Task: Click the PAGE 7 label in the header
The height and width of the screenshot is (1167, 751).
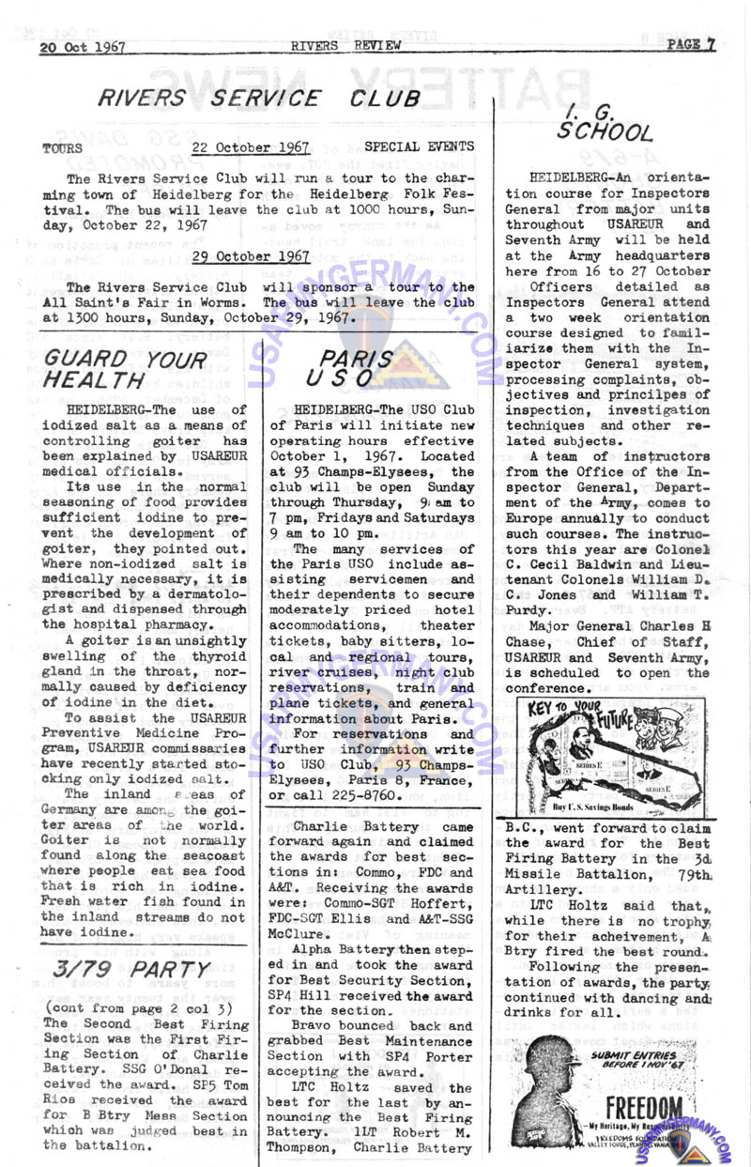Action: pyautogui.click(x=691, y=44)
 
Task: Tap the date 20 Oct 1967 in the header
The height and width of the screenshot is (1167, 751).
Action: pyautogui.click(x=83, y=47)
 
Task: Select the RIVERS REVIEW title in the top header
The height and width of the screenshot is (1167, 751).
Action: pyautogui.click(x=346, y=45)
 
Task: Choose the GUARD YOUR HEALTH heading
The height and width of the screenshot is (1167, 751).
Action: pyautogui.click(x=126, y=369)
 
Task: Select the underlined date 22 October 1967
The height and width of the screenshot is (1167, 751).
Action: pyautogui.click(x=251, y=147)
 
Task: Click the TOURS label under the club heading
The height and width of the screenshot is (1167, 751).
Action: pyautogui.click(x=62, y=148)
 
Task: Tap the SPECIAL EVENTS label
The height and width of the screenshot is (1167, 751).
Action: pyautogui.click(x=419, y=146)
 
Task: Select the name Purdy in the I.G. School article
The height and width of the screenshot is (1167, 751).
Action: pyautogui.click(x=528, y=609)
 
